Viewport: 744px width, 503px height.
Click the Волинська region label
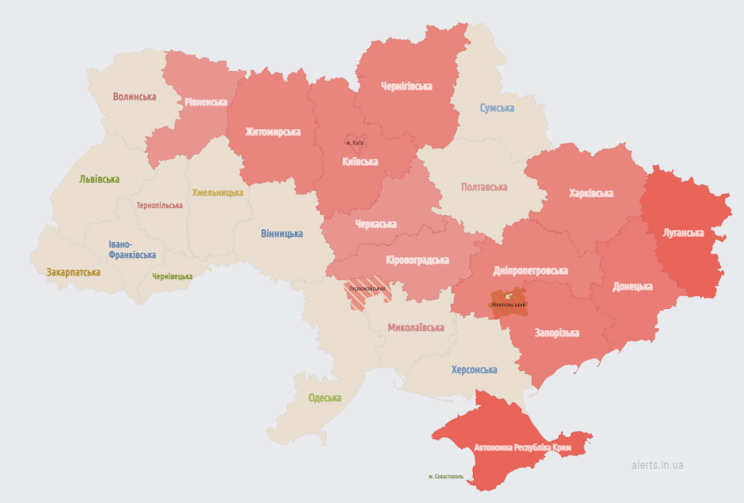pyautogui.click(x=134, y=97)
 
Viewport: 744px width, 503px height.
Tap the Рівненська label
pyautogui.click(x=205, y=102)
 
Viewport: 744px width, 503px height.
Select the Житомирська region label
pyautogui.click(x=272, y=132)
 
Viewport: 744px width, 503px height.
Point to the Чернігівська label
pyautogui.click(x=406, y=86)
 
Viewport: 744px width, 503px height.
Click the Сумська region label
pyautogui.click(x=497, y=108)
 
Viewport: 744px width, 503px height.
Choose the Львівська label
pyautogui.click(x=98, y=179)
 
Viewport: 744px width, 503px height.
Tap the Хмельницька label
pyautogui.click(x=218, y=192)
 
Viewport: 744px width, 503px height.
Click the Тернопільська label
pyautogui.click(x=160, y=205)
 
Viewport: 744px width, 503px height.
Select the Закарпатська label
pyautogui.click(x=74, y=272)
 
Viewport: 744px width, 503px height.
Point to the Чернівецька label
pyautogui.click(x=172, y=277)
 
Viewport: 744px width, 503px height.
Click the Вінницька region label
pyautogui.click(x=282, y=234)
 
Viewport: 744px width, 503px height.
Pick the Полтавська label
pyautogui.click(x=484, y=187)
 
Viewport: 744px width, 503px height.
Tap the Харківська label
pyautogui.click(x=590, y=193)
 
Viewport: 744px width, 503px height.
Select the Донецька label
pyautogui.click(x=633, y=286)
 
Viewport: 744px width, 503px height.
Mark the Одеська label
pyautogui.click(x=325, y=398)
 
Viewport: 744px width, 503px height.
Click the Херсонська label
pyautogui.click(x=474, y=370)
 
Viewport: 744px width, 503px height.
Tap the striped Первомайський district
pyautogui.click(x=367, y=294)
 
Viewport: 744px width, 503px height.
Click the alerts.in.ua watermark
pyautogui.click(x=657, y=464)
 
